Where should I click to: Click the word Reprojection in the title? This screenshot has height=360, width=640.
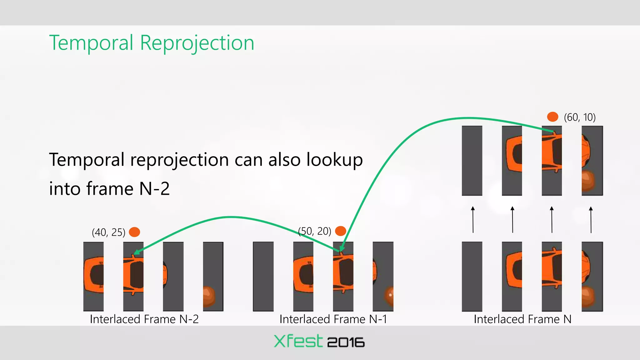point(197,43)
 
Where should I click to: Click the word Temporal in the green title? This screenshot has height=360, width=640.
point(91,43)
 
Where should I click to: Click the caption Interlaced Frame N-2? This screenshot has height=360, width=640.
point(144,319)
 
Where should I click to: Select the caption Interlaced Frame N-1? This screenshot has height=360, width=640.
point(333,319)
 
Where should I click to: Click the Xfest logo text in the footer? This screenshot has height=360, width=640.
point(298,341)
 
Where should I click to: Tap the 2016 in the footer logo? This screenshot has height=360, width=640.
point(346,342)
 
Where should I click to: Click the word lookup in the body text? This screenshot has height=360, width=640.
point(334,160)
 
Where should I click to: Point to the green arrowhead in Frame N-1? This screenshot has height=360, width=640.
point(342,249)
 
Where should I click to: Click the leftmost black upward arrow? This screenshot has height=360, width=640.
point(473,220)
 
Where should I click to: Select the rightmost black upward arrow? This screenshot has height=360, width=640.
point(591,220)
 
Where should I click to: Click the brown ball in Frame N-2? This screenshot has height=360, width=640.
point(209,295)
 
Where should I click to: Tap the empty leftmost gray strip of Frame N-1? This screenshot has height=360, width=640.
point(263,276)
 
